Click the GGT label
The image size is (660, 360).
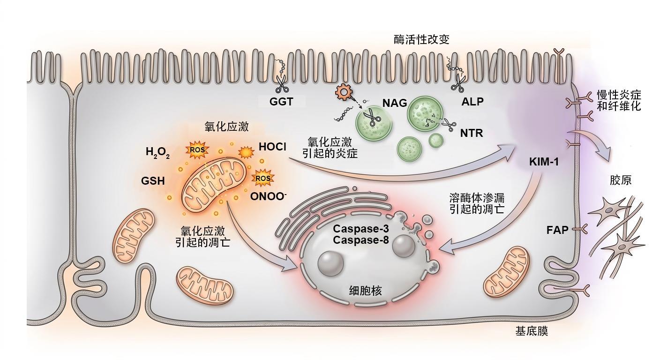click(281, 102)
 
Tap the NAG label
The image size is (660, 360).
click(395, 103)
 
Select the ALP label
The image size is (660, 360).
click(472, 101)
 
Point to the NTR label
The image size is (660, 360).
click(472, 133)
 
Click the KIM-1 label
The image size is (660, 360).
click(544, 162)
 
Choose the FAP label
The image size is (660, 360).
click(557, 230)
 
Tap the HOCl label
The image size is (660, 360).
click(272, 147)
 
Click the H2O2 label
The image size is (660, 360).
click(157, 152)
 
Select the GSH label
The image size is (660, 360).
click(153, 180)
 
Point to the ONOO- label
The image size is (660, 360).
click(269, 196)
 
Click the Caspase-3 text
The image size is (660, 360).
click(361, 229)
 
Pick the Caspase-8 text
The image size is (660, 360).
click(361, 240)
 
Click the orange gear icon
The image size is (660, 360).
click(344, 92)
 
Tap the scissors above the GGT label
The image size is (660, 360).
click(282, 83)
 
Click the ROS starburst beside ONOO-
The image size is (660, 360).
click(263, 178)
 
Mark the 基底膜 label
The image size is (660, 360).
click(532, 331)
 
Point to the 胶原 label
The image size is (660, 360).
click(621, 180)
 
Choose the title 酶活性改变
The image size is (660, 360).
click(421, 39)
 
